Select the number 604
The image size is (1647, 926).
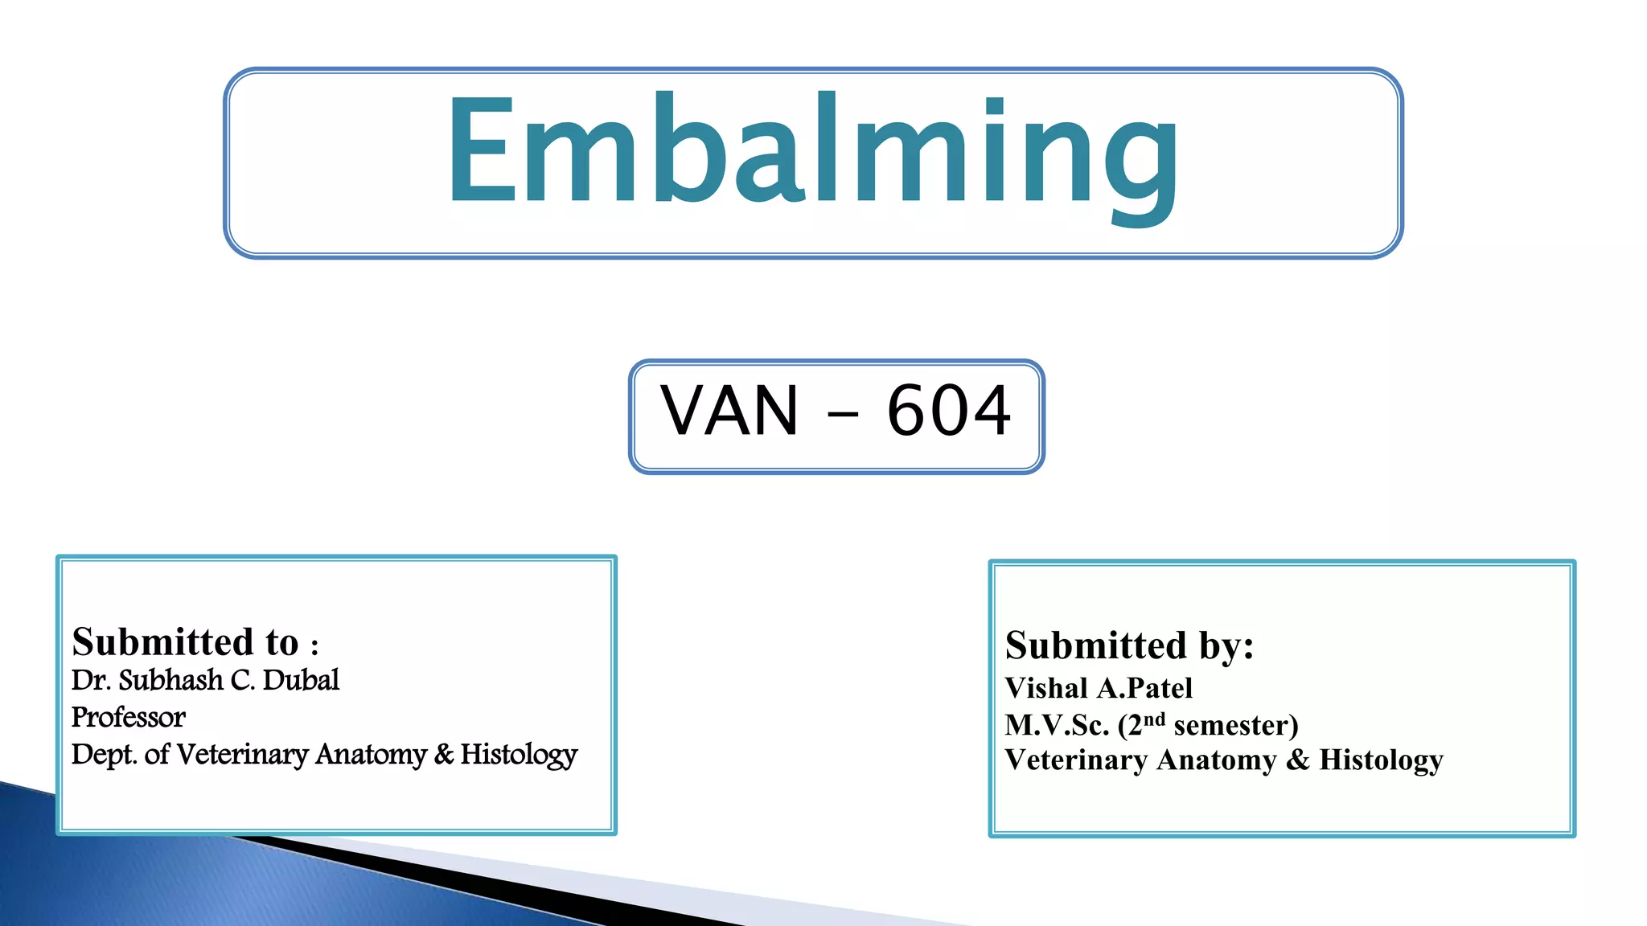coord(949,411)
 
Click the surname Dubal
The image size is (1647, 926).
coord(301,680)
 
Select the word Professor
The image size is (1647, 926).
coord(128,717)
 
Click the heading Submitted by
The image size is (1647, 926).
coord(1129,645)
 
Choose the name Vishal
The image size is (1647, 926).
coord(1046,688)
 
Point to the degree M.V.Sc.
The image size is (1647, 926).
coord(1057,725)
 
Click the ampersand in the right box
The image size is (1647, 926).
coord(1297,760)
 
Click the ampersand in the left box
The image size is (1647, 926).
coord(444,754)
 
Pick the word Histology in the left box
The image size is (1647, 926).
coord(519,755)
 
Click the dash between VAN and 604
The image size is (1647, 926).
coord(842,416)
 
